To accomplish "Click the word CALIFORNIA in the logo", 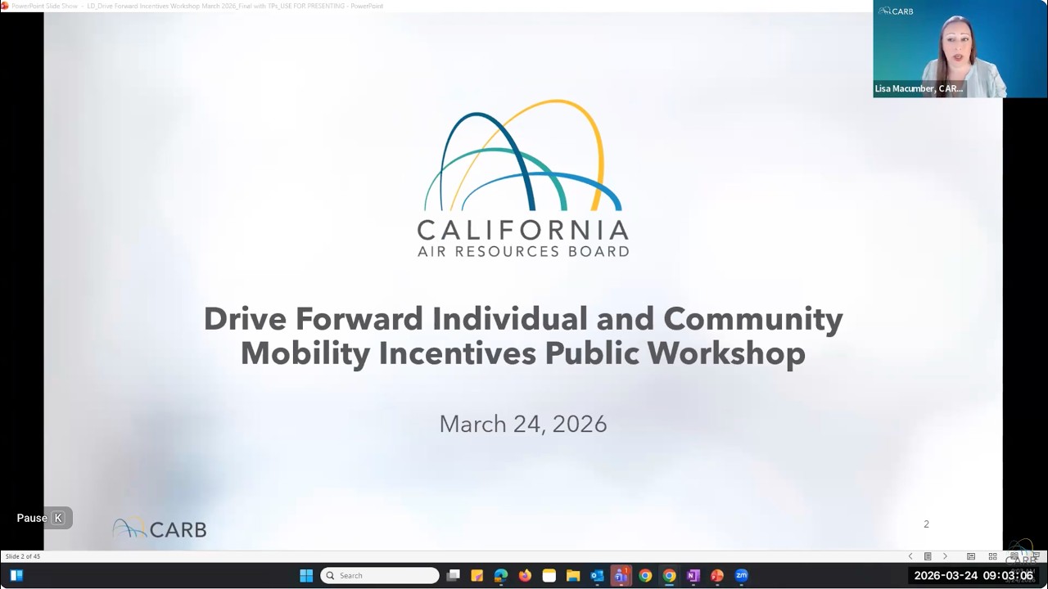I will (x=522, y=229).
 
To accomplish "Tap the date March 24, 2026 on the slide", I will (x=522, y=424).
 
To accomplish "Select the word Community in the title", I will (x=752, y=318).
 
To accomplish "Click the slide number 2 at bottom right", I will (x=926, y=524).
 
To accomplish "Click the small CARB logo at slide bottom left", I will (x=160, y=529).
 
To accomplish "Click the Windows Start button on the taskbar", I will (x=306, y=576).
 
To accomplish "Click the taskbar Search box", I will (x=380, y=576).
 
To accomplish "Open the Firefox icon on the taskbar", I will (x=525, y=576).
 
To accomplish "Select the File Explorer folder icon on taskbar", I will (x=573, y=576).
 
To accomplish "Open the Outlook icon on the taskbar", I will (x=597, y=576).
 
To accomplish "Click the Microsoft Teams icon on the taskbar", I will (x=621, y=576).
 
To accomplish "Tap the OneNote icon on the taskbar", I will (x=693, y=576).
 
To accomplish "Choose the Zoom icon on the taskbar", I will (x=742, y=576).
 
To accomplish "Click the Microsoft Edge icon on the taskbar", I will (x=501, y=576).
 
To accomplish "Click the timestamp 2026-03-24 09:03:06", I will (x=973, y=576).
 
